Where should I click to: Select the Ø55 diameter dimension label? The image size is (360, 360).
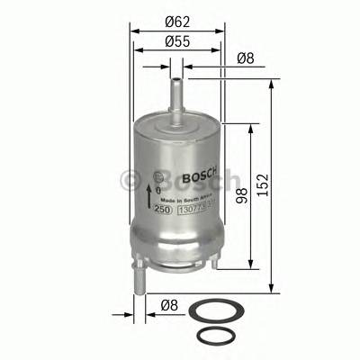coord(176,41)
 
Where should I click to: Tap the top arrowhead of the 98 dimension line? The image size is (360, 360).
coord(251,127)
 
